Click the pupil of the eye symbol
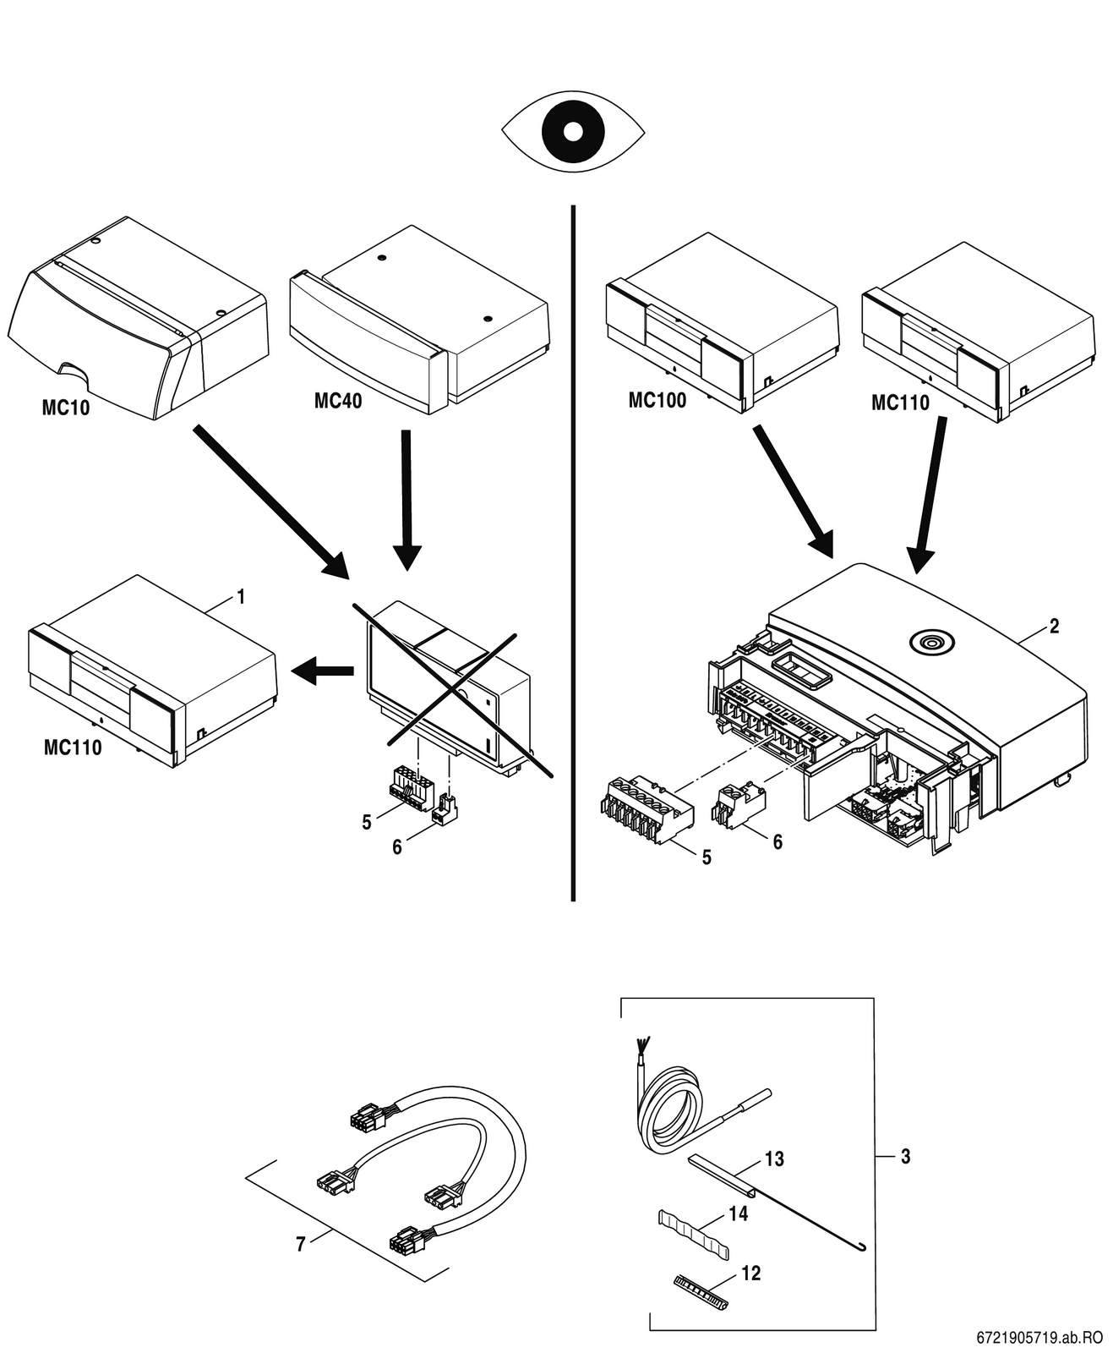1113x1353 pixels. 573,131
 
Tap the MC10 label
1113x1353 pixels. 66,408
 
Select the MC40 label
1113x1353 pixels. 338,401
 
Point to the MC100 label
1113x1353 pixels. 657,400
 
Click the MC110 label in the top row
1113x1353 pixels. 900,403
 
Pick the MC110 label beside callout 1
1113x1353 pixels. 73,748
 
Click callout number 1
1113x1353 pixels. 241,598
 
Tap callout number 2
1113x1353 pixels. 1054,627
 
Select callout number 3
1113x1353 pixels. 906,1156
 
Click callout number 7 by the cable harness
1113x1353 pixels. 301,1245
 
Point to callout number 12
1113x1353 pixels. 750,1273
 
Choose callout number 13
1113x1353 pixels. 775,1159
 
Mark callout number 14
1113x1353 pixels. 739,1213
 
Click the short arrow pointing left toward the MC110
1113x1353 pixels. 323,671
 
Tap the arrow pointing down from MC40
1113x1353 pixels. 406,499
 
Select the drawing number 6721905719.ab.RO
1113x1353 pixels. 1039,1338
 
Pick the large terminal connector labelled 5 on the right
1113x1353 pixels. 646,808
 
